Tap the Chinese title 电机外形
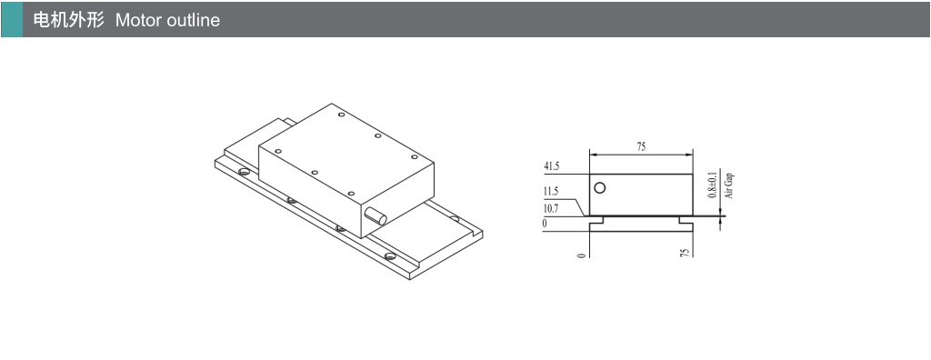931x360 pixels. pos(68,20)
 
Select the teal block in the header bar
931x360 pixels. pos(12,20)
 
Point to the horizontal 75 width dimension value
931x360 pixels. pos(641,146)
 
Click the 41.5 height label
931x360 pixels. pos(552,167)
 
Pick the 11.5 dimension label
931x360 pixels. pos(552,192)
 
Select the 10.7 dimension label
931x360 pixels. pos(552,208)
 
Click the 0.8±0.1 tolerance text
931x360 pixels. pos(713,184)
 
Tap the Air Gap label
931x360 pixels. pos(729,185)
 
